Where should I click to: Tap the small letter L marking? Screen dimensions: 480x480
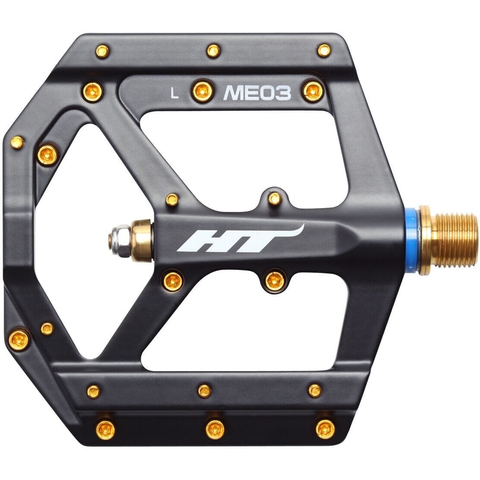[x=174, y=93]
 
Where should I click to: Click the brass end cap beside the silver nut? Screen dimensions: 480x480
[x=141, y=240]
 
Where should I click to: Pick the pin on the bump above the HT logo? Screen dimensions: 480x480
[x=274, y=198]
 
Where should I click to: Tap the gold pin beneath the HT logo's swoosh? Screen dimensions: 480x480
[x=272, y=281]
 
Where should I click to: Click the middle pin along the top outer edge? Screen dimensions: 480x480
[x=212, y=50]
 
